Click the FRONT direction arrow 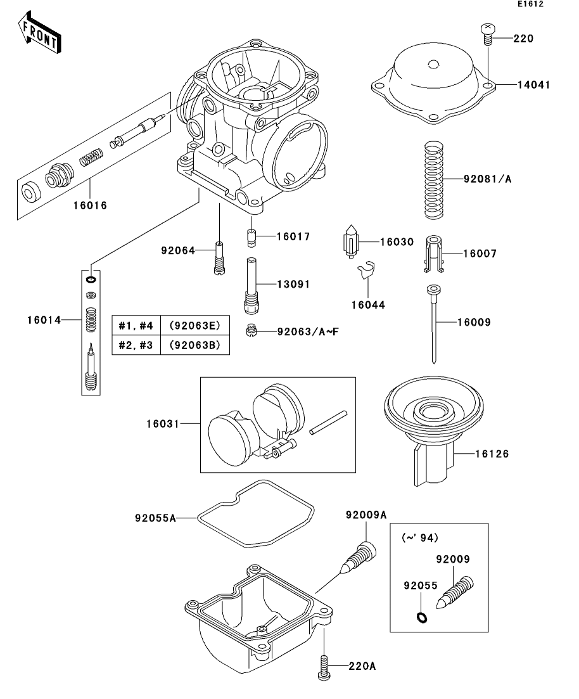[x=39, y=33]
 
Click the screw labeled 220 [x=488, y=34]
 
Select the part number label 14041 [x=533, y=85]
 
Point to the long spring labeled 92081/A [x=434, y=180]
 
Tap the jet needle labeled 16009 [x=433, y=324]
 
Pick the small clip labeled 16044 [x=366, y=270]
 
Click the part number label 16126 [x=492, y=454]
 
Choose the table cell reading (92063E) [x=194, y=326]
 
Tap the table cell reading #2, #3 [x=136, y=345]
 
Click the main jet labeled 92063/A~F [x=252, y=331]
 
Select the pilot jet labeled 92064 [x=219, y=258]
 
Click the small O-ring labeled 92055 [x=422, y=617]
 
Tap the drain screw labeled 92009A [x=358, y=557]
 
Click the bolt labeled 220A [x=324, y=667]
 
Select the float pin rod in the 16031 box [x=328, y=422]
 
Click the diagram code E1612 [x=530, y=4]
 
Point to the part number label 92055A [x=156, y=518]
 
